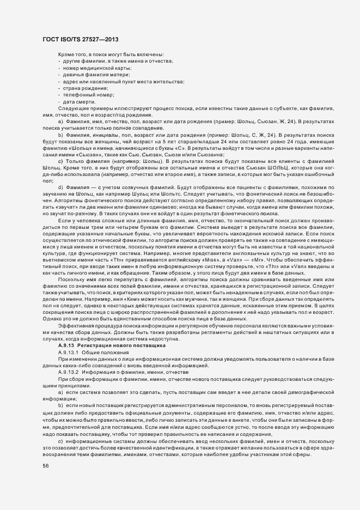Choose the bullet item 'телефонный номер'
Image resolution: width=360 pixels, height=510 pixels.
86,94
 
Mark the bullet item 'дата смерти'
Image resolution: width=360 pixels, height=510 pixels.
79,100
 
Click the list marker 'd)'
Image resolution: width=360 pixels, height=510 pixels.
60,187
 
